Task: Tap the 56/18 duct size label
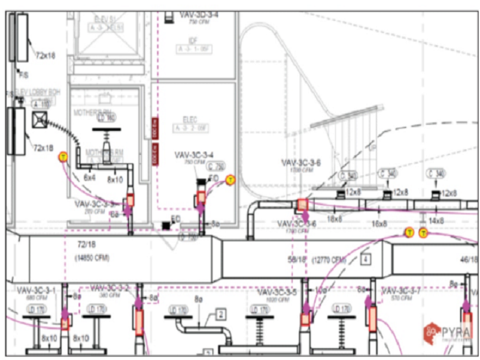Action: pyautogui.click(x=297, y=260)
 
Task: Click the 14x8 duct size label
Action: pyautogui.click(x=435, y=221)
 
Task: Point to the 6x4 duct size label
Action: pyautogui.click(x=89, y=178)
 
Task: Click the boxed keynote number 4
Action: pyautogui.click(x=366, y=259)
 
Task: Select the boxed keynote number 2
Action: pyautogui.click(x=221, y=315)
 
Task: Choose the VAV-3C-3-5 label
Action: pyautogui.click(x=277, y=292)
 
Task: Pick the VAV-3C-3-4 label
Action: pyautogui.click(x=194, y=155)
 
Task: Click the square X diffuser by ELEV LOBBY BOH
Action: pyautogui.click(x=39, y=120)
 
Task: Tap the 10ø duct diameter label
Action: pyautogui.click(x=320, y=291)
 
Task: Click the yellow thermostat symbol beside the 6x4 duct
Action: pyautogui.click(x=62, y=157)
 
